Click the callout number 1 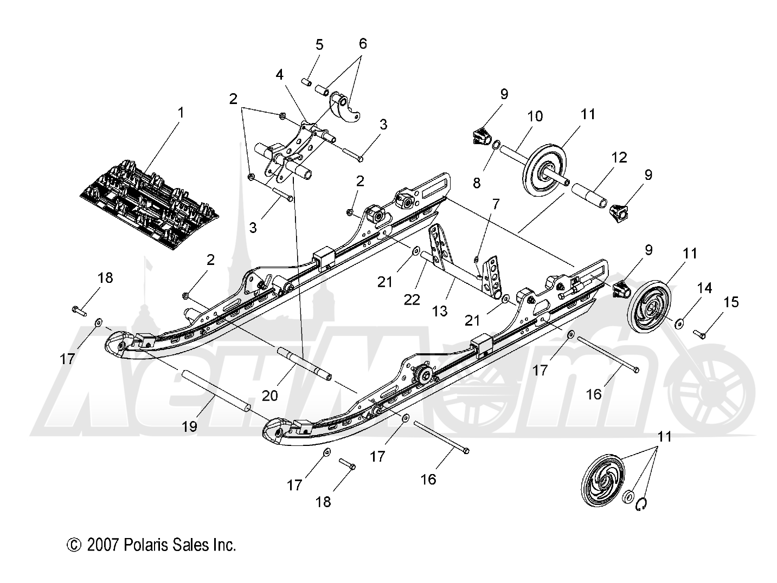pos(181,113)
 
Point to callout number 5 pos(319,44)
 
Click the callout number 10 pos(535,116)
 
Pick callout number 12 pos(619,157)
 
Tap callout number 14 pos(704,288)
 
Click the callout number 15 pos(731,302)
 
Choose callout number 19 pos(189,426)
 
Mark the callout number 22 pos(412,300)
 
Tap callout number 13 pos(440,310)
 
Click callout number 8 pos(477,183)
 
